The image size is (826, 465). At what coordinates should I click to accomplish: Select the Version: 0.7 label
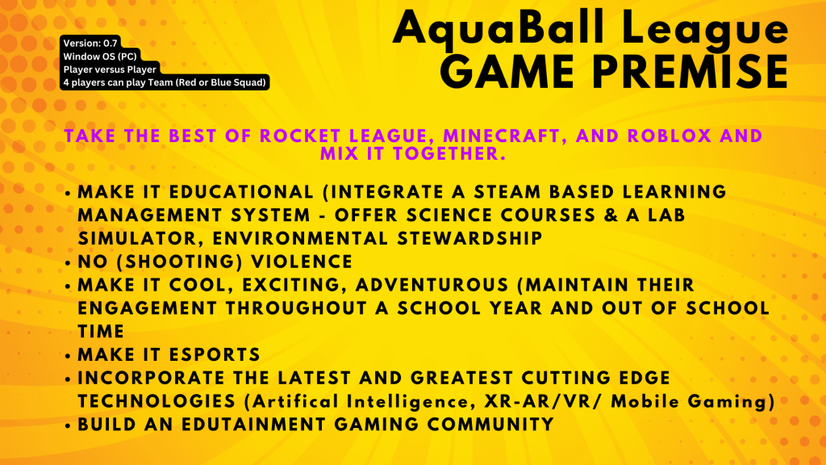point(90,44)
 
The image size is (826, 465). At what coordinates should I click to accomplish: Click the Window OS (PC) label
point(100,57)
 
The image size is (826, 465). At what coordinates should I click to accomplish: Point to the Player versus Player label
point(110,69)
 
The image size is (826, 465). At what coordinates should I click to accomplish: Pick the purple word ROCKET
point(299,136)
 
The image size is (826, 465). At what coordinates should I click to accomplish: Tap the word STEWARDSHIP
point(470,238)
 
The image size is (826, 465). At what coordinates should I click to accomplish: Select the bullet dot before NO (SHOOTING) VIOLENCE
point(68,262)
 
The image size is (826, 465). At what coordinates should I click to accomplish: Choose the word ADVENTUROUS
point(432,285)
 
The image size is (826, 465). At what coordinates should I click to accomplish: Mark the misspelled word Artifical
point(295,402)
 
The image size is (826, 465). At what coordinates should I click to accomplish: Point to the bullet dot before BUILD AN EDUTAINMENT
point(68,425)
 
